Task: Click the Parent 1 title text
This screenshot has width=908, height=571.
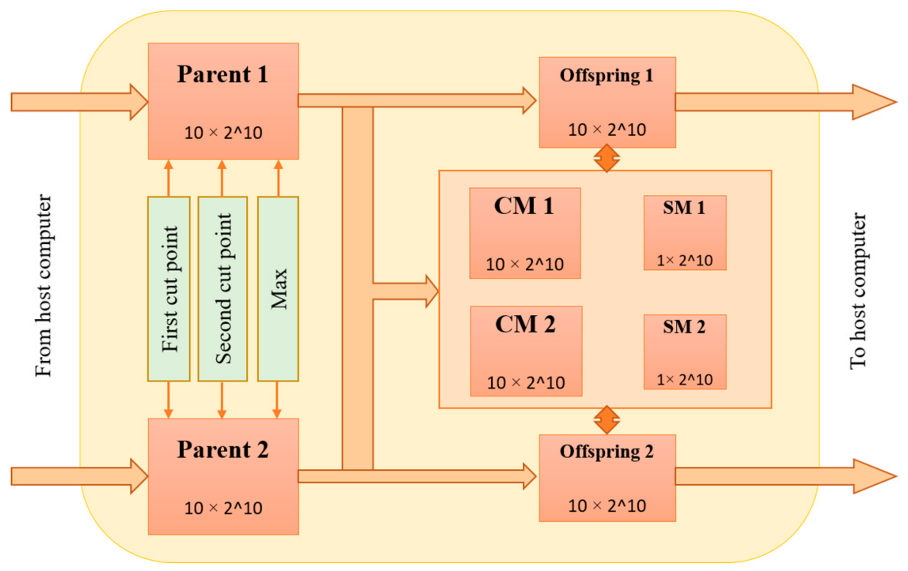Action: pyautogui.click(x=222, y=74)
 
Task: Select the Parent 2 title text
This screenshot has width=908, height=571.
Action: pyautogui.click(x=222, y=449)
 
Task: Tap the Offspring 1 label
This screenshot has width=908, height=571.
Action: pyautogui.click(x=606, y=75)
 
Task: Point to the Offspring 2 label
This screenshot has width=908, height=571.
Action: pyautogui.click(x=606, y=452)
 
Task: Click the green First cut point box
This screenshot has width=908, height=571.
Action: pyautogui.click(x=169, y=289)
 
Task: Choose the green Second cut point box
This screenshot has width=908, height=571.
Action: pyautogui.click(x=222, y=289)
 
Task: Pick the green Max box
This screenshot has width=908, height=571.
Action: pyautogui.click(x=278, y=289)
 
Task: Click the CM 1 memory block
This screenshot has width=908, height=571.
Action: pyautogui.click(x=525, y=233)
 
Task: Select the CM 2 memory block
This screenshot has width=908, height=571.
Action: pyautogui.click(x=526, y=351)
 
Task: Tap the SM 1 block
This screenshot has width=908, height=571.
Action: pyautogui.click(x=684, y=233)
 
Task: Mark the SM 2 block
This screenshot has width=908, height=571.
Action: pyautogui.click(x=684, y=352)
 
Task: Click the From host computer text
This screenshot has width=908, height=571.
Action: pyautogui.click(x=43, y=285)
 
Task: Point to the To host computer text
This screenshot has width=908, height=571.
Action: pyautogui.click(x=857, y=291)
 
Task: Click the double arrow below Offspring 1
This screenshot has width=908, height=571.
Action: pyautogui.click(x=607, y=158)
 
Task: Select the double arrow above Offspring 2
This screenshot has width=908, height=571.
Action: pyautogui.click(x=607, y=420)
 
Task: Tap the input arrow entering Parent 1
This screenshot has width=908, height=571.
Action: pyautogui.click(x=79, y=102)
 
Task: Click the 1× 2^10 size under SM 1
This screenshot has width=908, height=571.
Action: pyautogui.click(x=684, y=261)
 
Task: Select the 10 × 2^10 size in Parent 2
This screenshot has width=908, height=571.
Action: pyautogui.click(x=223, y=508)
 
